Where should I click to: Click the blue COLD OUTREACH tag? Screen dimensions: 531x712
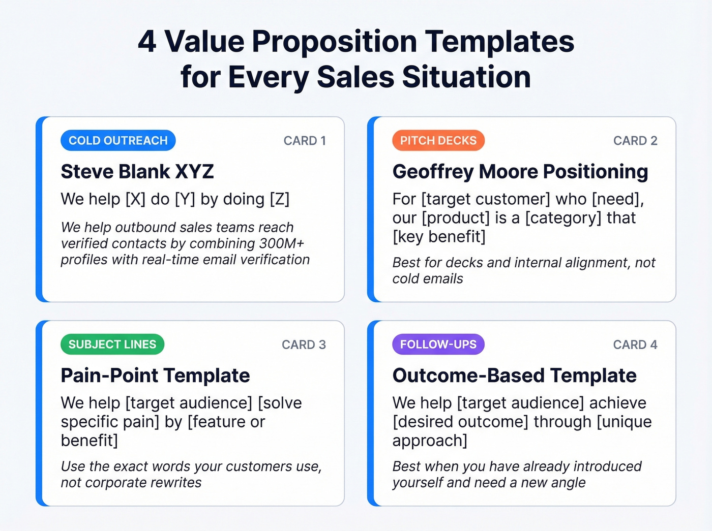click(x=118, y=141)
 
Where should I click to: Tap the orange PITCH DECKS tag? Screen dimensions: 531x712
click(x=438, y=141)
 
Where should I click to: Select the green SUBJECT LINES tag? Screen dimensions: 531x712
click(x=112, y=345)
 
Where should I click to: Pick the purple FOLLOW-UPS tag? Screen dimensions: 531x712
click(x=438, y=345)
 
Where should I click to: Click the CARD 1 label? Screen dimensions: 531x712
click(x=305, y=141)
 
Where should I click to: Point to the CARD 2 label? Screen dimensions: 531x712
click(x=635, y=141)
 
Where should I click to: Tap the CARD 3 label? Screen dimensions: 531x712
click(x=304, y=345)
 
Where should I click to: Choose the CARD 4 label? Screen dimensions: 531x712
click(x=635, y=345)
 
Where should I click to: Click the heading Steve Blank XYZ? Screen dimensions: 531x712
click(x=137, y=172)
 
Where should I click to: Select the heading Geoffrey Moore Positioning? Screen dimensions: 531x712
click(x=520, y=172)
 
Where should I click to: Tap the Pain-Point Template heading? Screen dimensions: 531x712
click(x=155, y=376)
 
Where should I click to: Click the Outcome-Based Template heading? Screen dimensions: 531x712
click(x=514, y=376)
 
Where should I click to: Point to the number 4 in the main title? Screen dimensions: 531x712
click(x=147, y=42)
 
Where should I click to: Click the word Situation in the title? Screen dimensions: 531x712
click(x=466, y=77)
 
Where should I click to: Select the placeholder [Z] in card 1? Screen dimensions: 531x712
click(x=279, y=199)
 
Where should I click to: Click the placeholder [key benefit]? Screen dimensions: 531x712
click(x=439, y=237)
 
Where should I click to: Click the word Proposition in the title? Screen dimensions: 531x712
click(x=335, y=42)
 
